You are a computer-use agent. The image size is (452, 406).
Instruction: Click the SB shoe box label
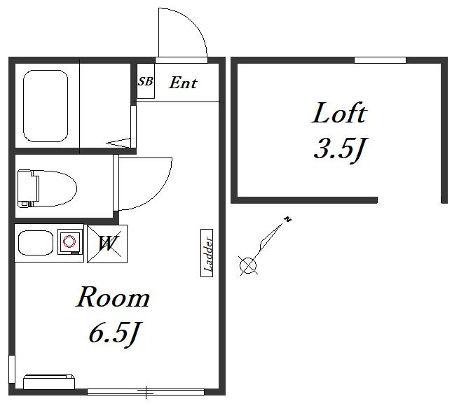pos(145,81)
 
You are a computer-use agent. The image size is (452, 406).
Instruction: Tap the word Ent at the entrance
pos(183,83)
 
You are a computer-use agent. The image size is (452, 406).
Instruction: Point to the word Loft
pos(339,113)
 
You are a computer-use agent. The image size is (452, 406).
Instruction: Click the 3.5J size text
pos(340,149)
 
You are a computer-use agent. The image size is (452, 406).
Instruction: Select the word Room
pos(113,297)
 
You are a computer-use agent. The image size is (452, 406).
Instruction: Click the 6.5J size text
pos(114,335)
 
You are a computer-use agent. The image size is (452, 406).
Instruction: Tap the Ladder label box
pos(207,253)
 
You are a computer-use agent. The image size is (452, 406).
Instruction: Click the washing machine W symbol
pos(107,244)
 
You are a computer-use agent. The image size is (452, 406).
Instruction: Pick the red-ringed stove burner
pos(69,241)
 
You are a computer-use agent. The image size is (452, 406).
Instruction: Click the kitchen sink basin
pos(36,243)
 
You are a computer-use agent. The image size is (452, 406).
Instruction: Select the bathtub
pos(46,106)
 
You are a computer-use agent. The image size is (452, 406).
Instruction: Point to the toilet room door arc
pos(158,193)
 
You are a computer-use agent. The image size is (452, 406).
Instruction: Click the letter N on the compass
pos(287,219)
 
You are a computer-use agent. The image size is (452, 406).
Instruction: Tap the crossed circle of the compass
pos(248,266)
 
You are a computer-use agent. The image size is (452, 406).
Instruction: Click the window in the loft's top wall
pos(380,60)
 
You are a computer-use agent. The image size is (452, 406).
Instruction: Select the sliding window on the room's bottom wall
pos(146,391)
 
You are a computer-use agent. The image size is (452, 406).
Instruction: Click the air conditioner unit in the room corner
pos(49,382)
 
